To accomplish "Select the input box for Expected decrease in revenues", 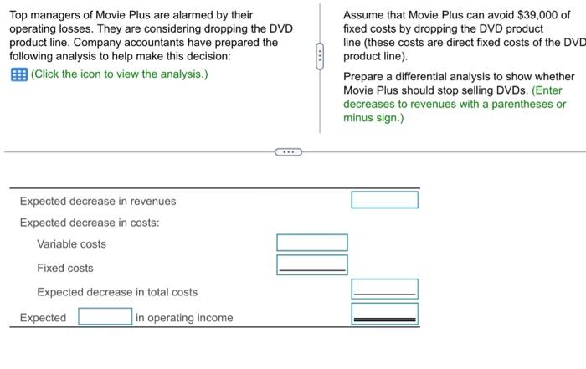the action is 384,200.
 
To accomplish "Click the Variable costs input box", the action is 312,243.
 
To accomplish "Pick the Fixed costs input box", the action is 312,264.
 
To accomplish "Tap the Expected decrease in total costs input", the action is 384,290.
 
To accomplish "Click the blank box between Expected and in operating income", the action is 105,317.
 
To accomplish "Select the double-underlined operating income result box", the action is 384,315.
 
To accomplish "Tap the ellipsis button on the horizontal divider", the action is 288,153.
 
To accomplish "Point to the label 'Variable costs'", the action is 71,244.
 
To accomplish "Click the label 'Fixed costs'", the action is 64,268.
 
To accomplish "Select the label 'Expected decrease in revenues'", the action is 98,202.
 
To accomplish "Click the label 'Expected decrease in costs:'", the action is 90,223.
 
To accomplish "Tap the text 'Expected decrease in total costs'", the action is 117,292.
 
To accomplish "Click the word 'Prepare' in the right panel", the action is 364,77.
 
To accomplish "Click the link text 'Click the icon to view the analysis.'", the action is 119,74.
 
